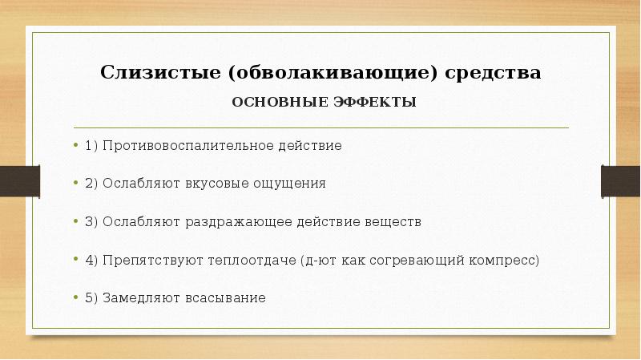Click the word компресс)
(x=505, y=260)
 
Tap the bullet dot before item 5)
(x=76, y=297)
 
